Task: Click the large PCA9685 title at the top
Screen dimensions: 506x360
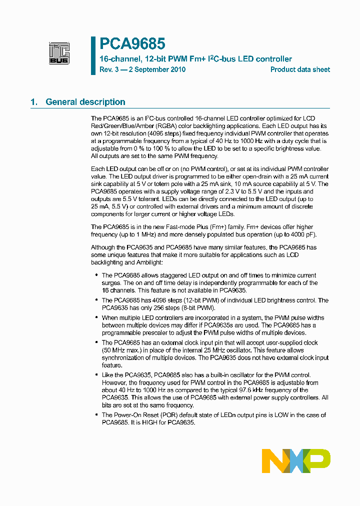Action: pyautogui.click(x=132, y=44)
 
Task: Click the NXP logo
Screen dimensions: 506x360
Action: pyautogui.click(x=296, y=460)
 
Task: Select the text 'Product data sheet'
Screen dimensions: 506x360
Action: pyautogui.click(x=300, y=69)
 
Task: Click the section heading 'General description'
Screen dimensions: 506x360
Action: pyautogui.click(x=85, y=102)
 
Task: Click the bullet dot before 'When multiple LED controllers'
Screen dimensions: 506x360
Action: pyautogui.click(x=96, y=318)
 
